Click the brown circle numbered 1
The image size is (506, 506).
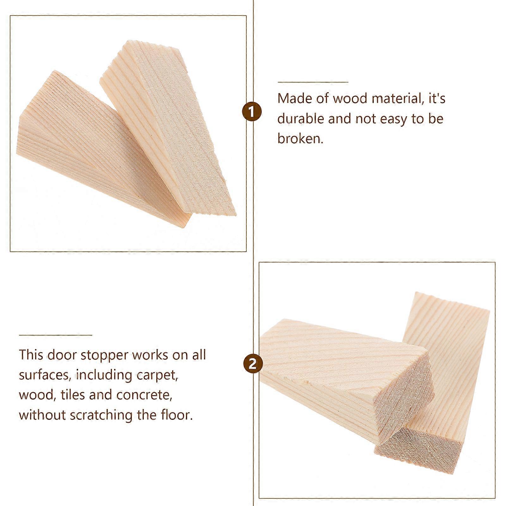tap(252, 112)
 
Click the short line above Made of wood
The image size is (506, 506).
tap(313, 82)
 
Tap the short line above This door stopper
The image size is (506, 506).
tap(55, 335)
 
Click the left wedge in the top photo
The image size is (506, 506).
tap(95, 158)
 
